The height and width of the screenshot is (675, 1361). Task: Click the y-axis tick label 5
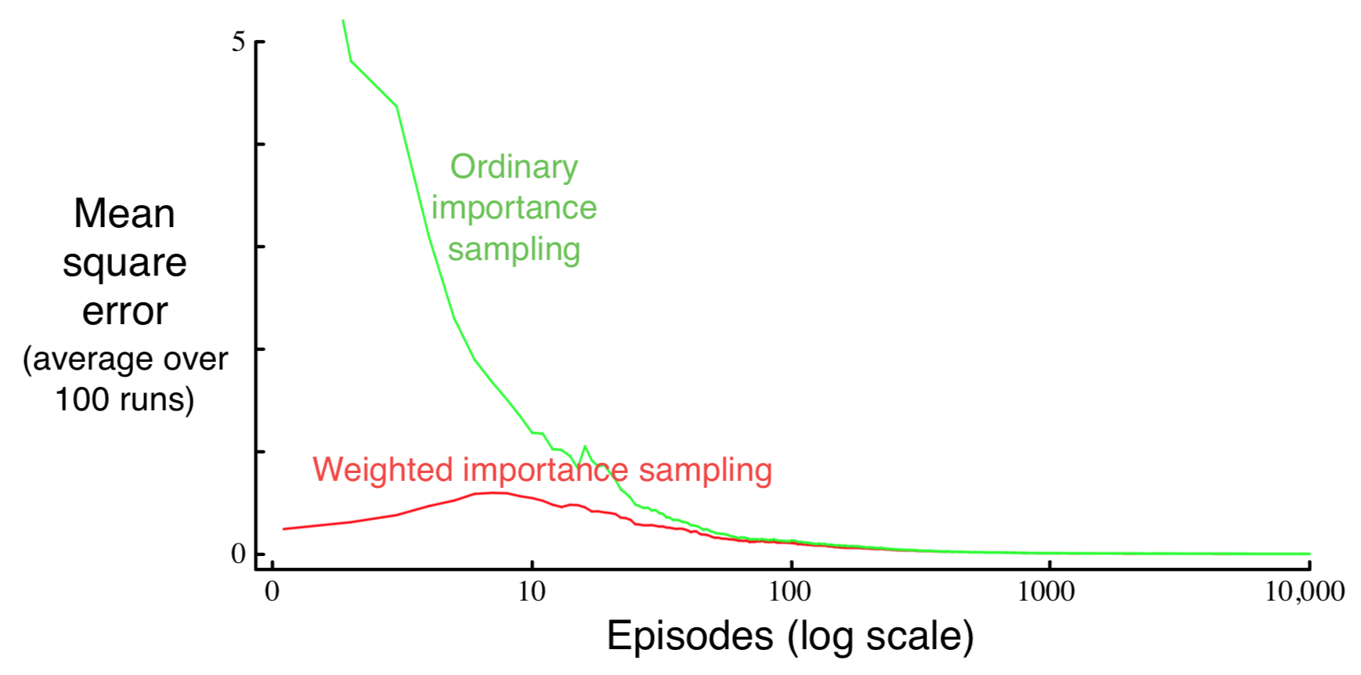pos(239,42)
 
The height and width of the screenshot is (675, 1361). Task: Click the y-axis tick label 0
pos(239,554)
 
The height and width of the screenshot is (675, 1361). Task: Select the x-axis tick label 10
pos(532,591)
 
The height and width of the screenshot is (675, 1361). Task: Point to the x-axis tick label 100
pos(790,591)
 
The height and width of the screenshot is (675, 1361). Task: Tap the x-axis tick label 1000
pos(1046,591)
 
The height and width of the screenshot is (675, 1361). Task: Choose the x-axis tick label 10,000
pos(1305,591)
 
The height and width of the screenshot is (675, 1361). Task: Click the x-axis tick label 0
pos(272,591)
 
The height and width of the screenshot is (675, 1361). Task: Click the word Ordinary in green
pos(514,167)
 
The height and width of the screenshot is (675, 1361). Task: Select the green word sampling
pos(514,250)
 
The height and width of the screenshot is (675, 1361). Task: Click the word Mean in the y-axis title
pos(125,214)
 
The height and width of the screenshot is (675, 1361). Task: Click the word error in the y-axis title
pos(125,312)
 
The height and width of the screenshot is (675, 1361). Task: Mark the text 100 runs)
pos(125,399)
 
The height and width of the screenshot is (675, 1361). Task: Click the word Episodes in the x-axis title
pos(690,635)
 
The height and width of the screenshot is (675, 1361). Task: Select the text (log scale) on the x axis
pos(881,635)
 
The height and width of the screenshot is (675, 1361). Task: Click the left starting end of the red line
pos(284,529)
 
